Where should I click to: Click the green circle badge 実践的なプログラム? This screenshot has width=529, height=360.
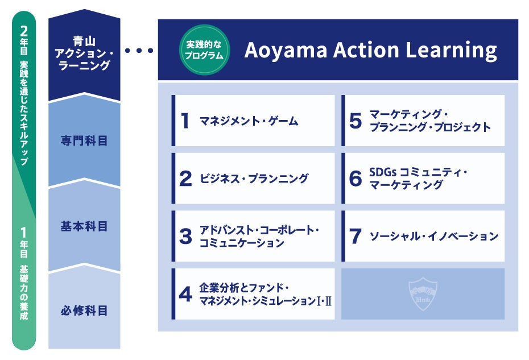tap(204, 50)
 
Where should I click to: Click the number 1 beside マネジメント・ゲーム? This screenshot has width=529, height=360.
tap(184, 121)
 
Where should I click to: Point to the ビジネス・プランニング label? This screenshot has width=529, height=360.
tap(254, 179)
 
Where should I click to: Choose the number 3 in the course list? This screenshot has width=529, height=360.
tap(185, 237)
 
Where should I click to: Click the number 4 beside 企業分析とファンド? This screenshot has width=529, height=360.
tap(185, 294)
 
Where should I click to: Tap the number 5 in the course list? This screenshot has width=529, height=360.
tap(355, 121)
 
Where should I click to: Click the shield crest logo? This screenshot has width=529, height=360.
tap(423, 294)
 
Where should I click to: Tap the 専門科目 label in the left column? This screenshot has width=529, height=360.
tap(84, 140)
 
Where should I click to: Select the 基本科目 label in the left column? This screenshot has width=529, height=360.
tap(84, 226)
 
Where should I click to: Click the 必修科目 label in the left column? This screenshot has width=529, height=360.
tap(84, 311)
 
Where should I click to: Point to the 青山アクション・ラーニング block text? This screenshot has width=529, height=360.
tap(84, 53)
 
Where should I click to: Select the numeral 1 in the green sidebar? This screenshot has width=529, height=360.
tap(23, 231)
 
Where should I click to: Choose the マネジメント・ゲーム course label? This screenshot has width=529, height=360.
tap(249, 121)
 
